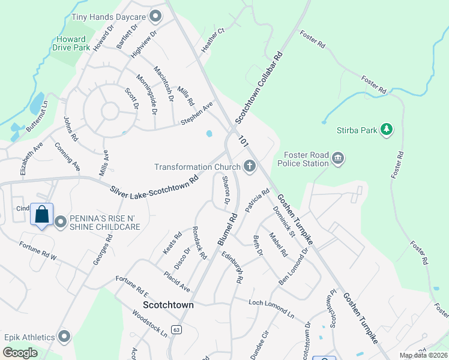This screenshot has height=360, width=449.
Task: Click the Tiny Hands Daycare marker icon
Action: (156, 16)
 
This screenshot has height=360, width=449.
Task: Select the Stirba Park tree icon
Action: (387, 129)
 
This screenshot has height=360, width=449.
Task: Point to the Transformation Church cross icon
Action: (249, 167)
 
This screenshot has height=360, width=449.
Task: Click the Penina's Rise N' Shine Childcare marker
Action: (61, 223)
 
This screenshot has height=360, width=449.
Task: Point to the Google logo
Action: (20, 352)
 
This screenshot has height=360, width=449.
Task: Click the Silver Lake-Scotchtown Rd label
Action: (154, 184)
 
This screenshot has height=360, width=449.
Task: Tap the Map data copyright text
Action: (424, 355)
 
